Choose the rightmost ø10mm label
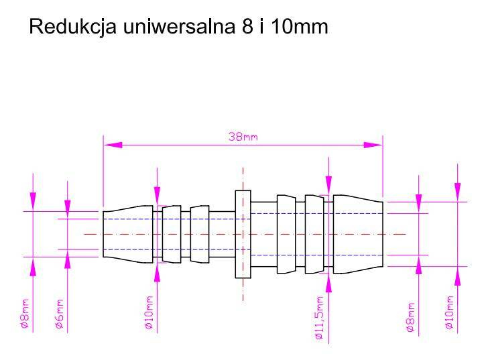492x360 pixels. (x=448, y=312)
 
